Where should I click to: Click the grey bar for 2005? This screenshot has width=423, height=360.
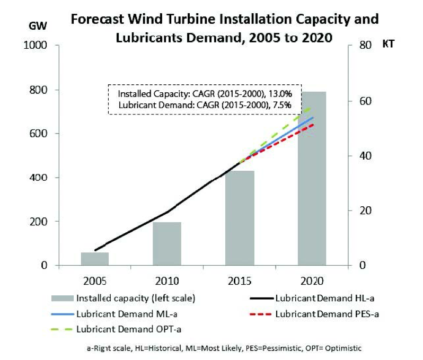click(95, 259)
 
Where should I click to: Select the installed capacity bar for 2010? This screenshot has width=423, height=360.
click(167, 243)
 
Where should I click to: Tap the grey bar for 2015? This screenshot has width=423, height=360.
click(240, 218)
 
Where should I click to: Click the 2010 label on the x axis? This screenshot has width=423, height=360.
click(167, 281)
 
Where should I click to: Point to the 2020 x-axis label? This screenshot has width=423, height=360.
click(312, 281)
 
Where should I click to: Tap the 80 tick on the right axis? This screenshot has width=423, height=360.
click(361, 46)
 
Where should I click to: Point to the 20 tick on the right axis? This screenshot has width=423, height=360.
click(361, 210)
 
